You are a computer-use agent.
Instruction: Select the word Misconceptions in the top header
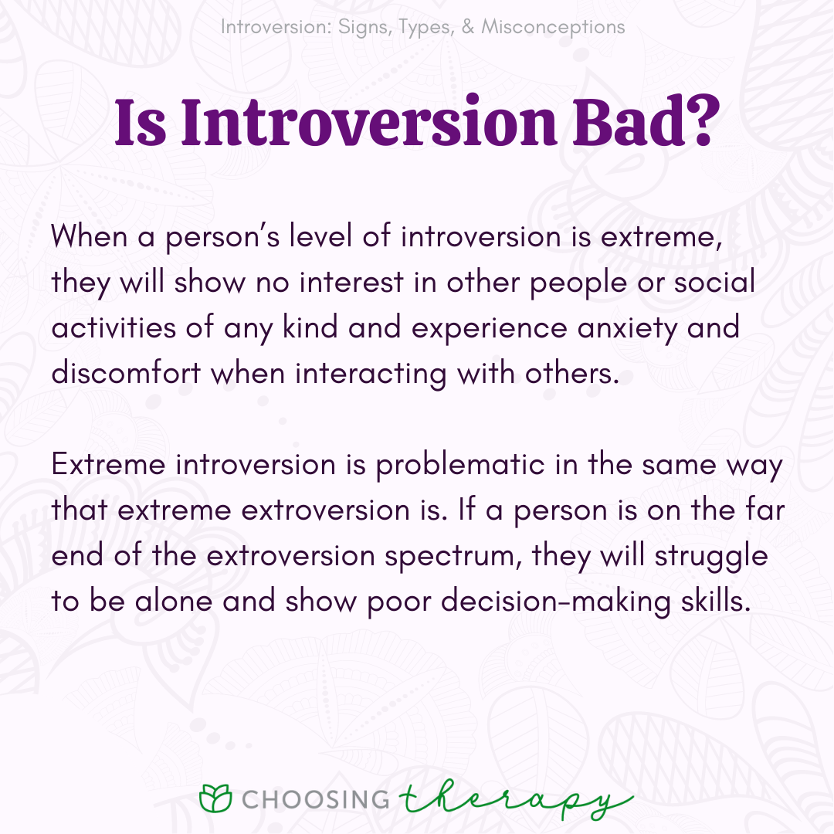pyautogui.click(x=553, y=26)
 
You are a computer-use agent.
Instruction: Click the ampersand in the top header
pyautogui.click(x=468, y=26)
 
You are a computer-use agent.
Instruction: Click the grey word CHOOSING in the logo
pyautogui.click(x=315, y=799)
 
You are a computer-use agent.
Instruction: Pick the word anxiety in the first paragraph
pyautogui.click(x=627, y=328)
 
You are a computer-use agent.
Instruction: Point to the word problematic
pyautogui.click(x=460, y=466)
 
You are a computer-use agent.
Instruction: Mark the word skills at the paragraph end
pyautogui.click(x=716, y=601)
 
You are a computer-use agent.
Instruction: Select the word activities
pyautogui.click(x=114, y=327)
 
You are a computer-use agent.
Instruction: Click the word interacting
pyautogui.click(x=371, y=374)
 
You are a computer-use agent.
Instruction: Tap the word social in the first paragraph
pyautogui.click(x=714, y=282)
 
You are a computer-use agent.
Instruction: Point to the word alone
pyautogui.click(x=174, y=602)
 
